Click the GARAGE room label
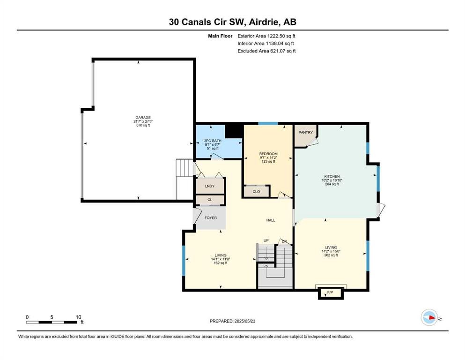pyautogui.click(x=143, y=118)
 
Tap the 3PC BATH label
pyautogui.click(x=213, y=141)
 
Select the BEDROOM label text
pyautogui.click(x=268, y=154)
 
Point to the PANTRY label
pyautogui.click(x=305, y=132)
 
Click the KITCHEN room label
pyautogui.click(x=332, y=176)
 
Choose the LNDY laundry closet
pyautogui.click(x=210, y=186)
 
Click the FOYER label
pyautogui.click(x=211, y=218)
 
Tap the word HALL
pyautogui.click(x=271, y=220)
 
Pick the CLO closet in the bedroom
pyautogui.click(x=256, y=191)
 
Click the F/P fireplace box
pyautogui.click(x=330, y=293)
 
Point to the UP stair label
pyautogui.click(x=266, y=240)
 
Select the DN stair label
pyautogui.click(x=284, y=241)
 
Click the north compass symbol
pyautogui.click(x=429, y=317)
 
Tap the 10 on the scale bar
pyautogui.click(x=78, y=317)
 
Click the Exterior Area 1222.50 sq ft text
pyautogui.click(x=266, y=36)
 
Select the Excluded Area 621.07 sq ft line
pyautogui.click(x=266, y=51)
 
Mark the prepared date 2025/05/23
pyautogui.click(x=244, y=321)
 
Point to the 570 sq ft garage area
pyautogui.click(x=143, y=125)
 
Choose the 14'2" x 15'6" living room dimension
pyautogui.click(x=331, y=251)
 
